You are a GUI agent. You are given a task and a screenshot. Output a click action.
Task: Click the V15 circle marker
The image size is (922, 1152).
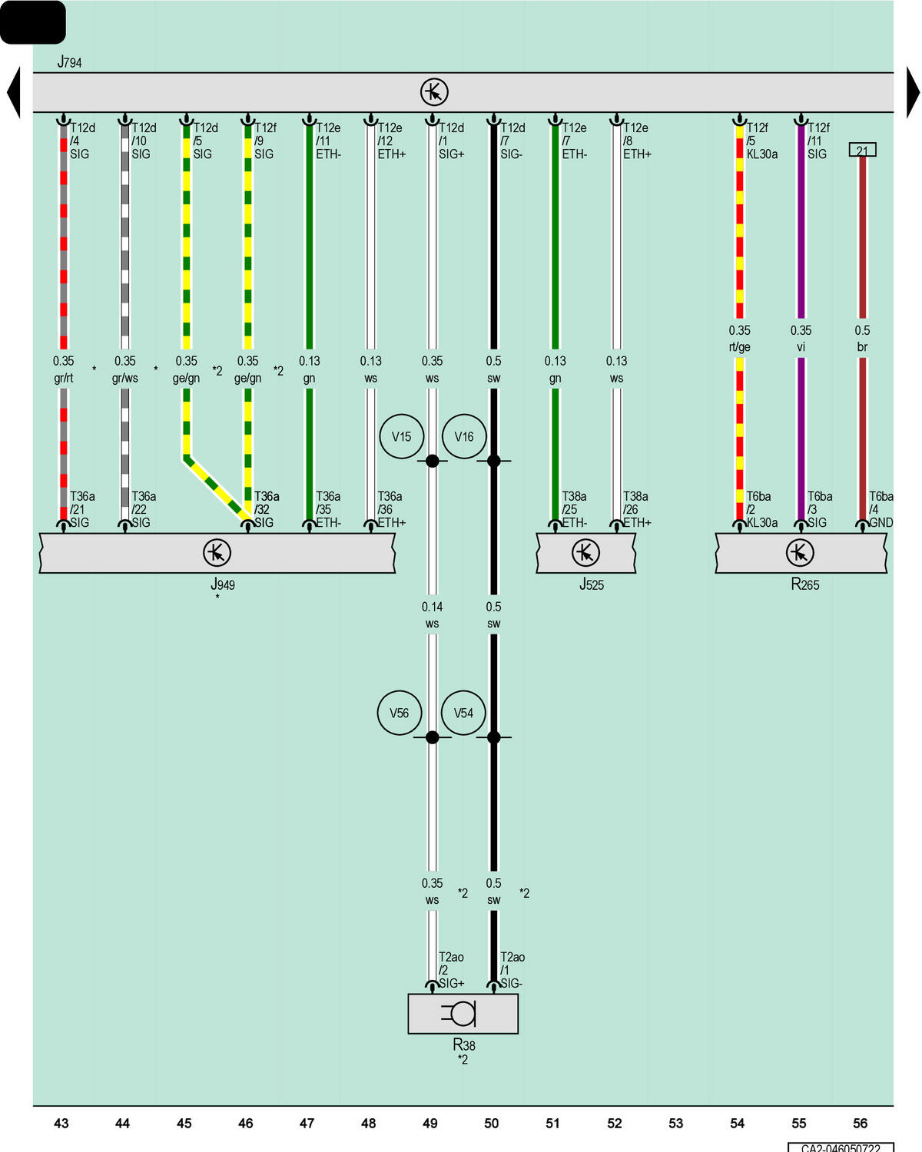pos(401,436)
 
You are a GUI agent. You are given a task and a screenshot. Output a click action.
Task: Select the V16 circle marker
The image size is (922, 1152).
pos(464,436)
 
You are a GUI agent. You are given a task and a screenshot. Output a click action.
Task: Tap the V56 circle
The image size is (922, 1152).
pos(400,713)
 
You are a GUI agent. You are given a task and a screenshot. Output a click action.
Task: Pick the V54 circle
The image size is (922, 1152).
pos(463,713)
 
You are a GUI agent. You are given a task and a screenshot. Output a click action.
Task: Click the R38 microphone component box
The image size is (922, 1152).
pos(463,1013)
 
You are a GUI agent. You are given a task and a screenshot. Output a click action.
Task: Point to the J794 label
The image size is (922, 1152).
pos(70,61)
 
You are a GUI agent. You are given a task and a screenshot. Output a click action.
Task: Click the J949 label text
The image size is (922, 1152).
pos(222,584)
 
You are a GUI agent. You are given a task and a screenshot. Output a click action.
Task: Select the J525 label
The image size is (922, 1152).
pos(592,584)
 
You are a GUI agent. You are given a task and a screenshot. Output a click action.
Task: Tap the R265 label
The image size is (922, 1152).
pos(804,584)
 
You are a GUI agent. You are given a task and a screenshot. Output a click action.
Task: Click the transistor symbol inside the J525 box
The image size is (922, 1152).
pos(585,552)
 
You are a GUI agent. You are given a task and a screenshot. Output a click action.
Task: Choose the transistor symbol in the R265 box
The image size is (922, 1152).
pos(800,552)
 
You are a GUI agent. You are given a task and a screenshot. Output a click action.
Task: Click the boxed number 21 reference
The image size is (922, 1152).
pos(863,149)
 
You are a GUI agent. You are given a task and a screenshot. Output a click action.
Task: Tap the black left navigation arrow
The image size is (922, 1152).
pos(14,92)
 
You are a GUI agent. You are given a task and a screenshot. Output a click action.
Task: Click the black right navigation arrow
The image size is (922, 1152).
pos(913,92)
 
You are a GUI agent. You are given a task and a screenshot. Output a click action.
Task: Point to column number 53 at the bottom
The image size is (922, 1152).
pos(676,1123)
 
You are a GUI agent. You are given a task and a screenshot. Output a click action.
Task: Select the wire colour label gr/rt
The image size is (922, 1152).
pos(63,378)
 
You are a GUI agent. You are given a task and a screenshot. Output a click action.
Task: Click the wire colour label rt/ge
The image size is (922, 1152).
pos(739,347)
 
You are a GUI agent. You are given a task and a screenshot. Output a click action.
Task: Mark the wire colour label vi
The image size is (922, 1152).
pos(801,347)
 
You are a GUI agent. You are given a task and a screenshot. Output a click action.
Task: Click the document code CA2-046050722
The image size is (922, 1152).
pos(841,1148)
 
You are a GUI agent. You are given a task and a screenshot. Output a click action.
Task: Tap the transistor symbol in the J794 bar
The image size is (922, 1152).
pos(434,92)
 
